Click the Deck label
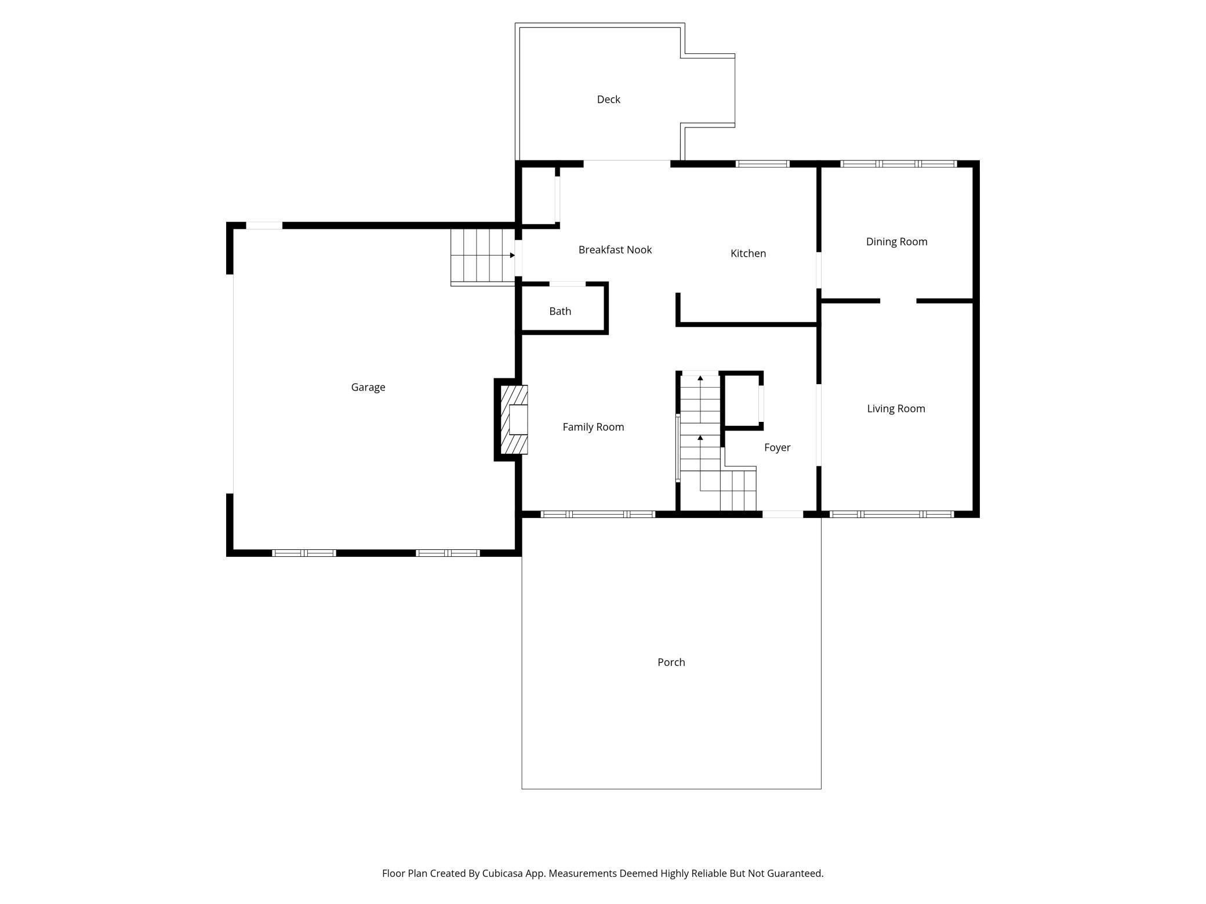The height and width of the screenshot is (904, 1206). click(x=608, y=100)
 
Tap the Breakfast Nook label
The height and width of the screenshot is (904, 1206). click(x=615, y=250)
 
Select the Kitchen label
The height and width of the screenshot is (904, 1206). click(x=748, y=253)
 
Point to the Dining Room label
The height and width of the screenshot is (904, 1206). click(x=896, y=242)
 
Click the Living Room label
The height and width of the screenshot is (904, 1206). click(x=896, y=409)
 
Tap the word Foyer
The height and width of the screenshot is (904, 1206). click(x=777, y=447)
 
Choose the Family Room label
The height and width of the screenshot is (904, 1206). click(x=593, y=427)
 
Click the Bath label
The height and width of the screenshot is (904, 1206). click(x=560, y=311)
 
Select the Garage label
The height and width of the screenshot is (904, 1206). click(x=368, y=387)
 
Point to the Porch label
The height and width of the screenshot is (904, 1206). click(x=671, y=662)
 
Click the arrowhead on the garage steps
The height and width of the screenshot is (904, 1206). click(x=512, y=256)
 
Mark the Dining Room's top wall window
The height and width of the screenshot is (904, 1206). click(x=898, y=164)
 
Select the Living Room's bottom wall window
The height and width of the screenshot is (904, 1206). click(x=891, y=514)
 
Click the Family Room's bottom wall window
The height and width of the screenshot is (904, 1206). click(x=598, y=514)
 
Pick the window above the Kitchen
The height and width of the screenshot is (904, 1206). click(x=762, y=164)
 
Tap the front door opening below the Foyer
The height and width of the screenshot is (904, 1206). click(x=782, y=514)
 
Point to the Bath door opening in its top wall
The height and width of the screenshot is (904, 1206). click(x=567, y=284)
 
